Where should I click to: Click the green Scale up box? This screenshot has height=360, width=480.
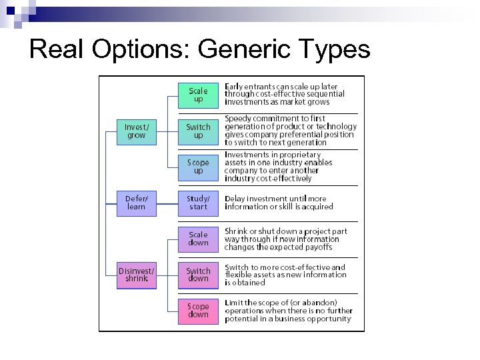click(198, 95)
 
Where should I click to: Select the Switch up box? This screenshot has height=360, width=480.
click(198, 131)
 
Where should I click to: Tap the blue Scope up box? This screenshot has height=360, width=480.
click(198, 167)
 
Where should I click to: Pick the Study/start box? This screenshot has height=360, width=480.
click(198, 203)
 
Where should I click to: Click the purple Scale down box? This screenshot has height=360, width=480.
click(198, 239)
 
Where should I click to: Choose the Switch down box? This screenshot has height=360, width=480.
click(198, 275)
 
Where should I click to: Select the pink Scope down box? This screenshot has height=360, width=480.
click(198, 311)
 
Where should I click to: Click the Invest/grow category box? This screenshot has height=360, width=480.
click(137, 131)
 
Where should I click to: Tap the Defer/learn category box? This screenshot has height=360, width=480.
click(137, 203)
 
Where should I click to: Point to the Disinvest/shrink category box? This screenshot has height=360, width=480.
click(137, 275)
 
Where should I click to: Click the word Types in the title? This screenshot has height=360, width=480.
click(336, 49)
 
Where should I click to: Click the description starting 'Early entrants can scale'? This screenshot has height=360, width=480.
click(285, 95)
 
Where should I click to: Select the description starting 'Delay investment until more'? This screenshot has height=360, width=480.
click(279, 203)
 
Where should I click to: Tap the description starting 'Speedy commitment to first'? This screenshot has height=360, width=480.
click(290, 130)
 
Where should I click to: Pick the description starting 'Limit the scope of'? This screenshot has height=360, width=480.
click(288, 311)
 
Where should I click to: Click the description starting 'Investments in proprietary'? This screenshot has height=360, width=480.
click(278, 167)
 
